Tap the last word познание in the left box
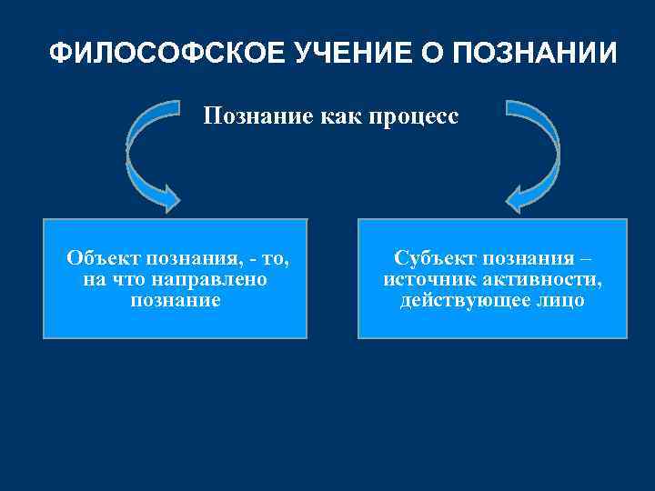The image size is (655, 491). [x=176, y=300]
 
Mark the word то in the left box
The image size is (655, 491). [x=275, y=258]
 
